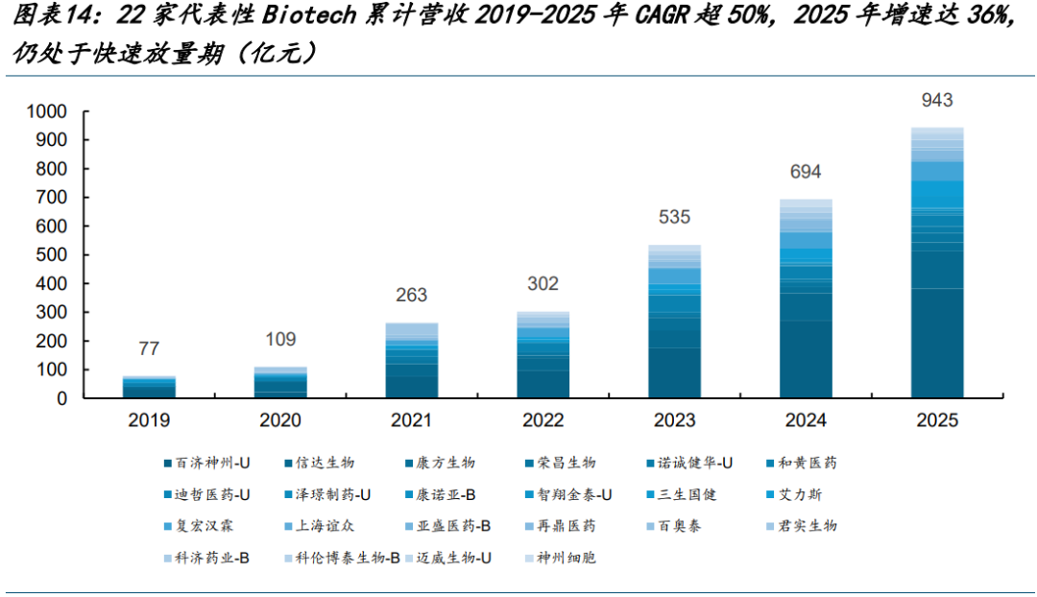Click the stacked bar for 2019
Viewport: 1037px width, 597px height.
click(149, 387)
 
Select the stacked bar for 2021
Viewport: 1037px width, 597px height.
click(411, 360)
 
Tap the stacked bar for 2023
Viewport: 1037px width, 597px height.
click(675, 322)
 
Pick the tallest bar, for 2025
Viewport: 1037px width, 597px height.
click(937, 262)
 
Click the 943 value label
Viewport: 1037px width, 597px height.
click(937, 100)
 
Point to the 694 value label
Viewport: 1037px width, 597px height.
click(806, 172)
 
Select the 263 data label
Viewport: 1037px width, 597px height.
click(411, 295)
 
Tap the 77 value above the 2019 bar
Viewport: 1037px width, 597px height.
click(149, 348)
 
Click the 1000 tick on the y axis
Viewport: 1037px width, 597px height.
click(46, 111)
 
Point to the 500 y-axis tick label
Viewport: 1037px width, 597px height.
click(52, 254)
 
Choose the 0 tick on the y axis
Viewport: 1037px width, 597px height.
click(62, 398)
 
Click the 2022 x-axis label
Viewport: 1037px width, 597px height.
click(543, 419)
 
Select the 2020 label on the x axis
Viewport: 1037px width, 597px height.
click(280, 419)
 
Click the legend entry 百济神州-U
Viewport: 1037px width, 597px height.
click(207, 463)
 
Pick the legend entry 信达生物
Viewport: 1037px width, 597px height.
click(320, 463)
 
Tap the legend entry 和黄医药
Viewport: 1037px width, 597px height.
click(802, 463)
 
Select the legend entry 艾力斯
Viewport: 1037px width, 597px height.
click(794, 494)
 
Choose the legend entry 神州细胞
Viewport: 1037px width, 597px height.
click(561, 558)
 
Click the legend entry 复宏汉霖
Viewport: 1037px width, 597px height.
click(199, 526)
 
